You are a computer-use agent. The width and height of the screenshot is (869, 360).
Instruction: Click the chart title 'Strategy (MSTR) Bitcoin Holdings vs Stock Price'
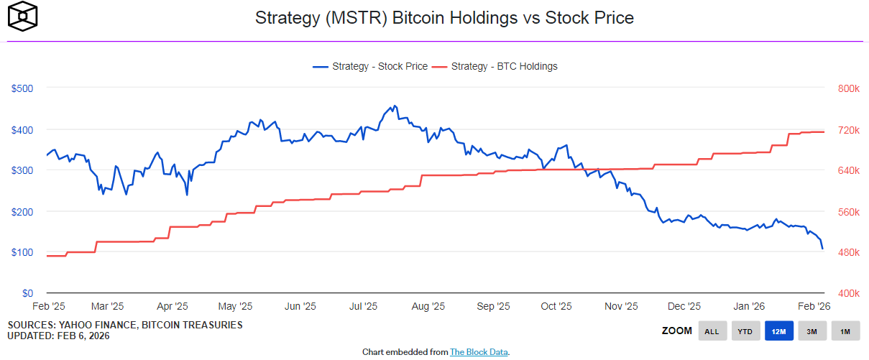pos(444,18)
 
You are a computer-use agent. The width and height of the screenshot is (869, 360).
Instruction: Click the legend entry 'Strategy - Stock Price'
pos(370,66)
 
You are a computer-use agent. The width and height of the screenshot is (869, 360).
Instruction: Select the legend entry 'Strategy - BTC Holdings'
pos(504,66)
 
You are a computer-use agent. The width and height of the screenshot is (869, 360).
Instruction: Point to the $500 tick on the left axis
pos(22,88)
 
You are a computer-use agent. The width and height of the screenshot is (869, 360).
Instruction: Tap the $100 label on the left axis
pos(22,252)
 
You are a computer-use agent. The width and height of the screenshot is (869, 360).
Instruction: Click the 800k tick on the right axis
pos(849,88)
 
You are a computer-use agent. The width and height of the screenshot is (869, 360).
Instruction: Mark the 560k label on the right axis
pos(849,212)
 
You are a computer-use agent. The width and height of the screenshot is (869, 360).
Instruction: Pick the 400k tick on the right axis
pos(849,294)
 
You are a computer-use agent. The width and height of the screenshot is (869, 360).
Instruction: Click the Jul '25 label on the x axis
pos(363,306)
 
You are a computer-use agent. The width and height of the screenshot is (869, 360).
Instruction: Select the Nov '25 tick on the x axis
pos(622,306)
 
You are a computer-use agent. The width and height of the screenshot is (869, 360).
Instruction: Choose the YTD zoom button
pos(745,331)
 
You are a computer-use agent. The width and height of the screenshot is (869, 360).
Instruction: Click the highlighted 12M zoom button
pos(778,331)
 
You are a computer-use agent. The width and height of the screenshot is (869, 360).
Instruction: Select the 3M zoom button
pos(811,331)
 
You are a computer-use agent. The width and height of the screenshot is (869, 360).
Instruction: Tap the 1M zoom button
pos(845,331)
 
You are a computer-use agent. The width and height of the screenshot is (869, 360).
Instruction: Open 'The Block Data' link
pos(479,352)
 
